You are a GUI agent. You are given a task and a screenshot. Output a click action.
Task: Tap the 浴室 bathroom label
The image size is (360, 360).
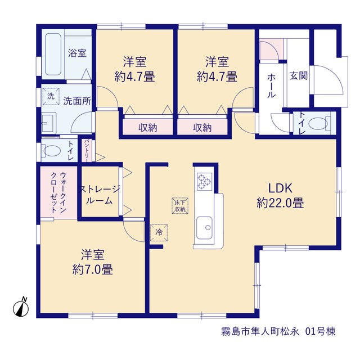(x=77, y=53)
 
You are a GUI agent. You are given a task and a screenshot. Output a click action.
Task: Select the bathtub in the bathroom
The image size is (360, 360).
(x=53, y=54)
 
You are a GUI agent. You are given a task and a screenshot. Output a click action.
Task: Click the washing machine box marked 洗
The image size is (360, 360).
(x=51, y=96)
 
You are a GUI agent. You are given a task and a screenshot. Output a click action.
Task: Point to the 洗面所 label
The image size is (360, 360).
(x=77, y=101)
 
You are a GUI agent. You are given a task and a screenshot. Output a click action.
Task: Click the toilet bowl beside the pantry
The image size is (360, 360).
(x=52, y=151)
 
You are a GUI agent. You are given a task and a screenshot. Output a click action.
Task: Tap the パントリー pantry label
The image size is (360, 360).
(x=87, y=150)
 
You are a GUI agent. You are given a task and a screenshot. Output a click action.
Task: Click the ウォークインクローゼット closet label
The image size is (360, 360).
(x=58, y=192)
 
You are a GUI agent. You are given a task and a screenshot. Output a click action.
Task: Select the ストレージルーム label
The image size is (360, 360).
(x=99, y=195)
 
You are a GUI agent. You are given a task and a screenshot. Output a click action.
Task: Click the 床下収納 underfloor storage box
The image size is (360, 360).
(x=180, y=206)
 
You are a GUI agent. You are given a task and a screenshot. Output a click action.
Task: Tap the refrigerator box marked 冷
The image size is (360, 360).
(x=159, y=233)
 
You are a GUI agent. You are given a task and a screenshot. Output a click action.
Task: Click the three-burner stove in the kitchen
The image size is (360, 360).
(x=204, y=181)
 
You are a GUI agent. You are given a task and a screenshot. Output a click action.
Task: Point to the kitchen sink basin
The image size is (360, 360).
(x=204, y=227)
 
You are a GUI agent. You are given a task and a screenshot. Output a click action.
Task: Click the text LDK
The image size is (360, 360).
(x=280, y=188)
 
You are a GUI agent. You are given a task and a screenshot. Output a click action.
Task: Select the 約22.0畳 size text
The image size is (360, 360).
(x=280, y=203)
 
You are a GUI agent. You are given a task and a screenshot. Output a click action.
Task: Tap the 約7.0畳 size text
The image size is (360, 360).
(x=92, y=269)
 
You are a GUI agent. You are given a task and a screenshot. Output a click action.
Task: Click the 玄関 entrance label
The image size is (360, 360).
(x=298, y=75)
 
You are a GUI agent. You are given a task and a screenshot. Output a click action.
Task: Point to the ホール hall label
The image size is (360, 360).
(x=271, y=86)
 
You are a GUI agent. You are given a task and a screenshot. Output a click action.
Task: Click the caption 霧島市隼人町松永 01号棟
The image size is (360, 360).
(x=278, y=331)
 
